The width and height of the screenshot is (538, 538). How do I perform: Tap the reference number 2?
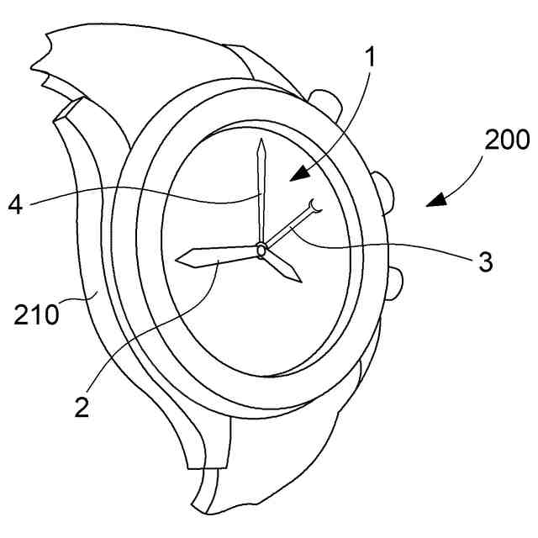pos(82,407)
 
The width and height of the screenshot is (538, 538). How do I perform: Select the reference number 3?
pos(485,261)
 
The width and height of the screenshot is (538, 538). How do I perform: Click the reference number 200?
pos(507,140)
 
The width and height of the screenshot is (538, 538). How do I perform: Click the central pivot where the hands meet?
pos(261,249)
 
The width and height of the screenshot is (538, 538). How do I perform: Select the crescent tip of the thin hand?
pos(316,206)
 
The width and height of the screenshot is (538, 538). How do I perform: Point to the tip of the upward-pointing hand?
pos(261,140)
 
